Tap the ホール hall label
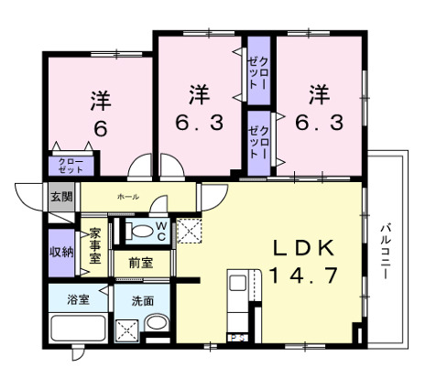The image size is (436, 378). tap(127, 197)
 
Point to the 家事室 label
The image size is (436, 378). tap(95, 244)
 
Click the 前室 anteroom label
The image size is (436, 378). tap(140, 263)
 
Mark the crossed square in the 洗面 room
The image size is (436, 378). tap(126, 329)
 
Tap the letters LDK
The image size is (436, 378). tap(295, 249)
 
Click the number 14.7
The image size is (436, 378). tap(295, 274)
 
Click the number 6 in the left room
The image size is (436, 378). tap(99, 128)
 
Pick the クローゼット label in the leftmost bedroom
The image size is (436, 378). tap(70, 166)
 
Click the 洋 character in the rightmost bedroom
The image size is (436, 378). tap(318, 94)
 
